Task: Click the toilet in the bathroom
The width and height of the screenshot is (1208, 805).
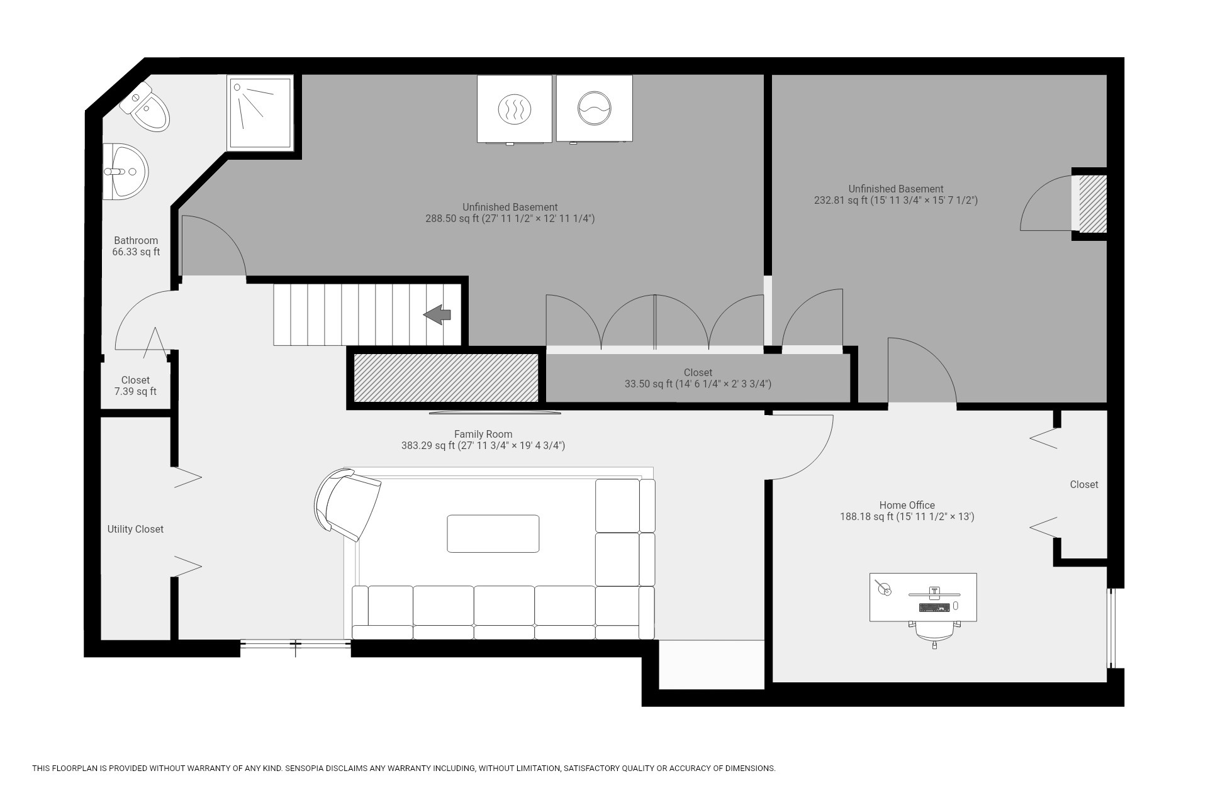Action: [146, 107]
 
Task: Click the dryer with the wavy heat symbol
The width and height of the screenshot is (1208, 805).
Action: [514, 109]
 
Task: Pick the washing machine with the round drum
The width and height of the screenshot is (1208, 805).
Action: [595, 109]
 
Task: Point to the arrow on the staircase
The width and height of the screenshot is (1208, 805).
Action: [437, 314]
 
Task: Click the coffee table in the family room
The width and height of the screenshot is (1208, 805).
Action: [493, 533]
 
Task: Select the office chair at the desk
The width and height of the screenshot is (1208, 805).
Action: [934, 633]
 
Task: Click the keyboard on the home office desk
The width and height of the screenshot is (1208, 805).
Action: [934, 607]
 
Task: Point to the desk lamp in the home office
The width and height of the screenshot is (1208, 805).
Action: [884, 587]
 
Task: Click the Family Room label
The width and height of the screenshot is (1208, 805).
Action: [483, 434]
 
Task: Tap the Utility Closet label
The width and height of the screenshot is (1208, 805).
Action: [135, 529]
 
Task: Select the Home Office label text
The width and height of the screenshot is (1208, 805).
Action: [907, 505]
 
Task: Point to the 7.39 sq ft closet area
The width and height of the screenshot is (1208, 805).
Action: [135, 391]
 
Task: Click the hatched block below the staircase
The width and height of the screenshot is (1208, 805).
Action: [446, 377]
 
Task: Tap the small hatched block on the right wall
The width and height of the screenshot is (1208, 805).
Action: [1093, 203]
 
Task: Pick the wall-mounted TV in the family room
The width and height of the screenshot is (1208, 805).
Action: [495, 413]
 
